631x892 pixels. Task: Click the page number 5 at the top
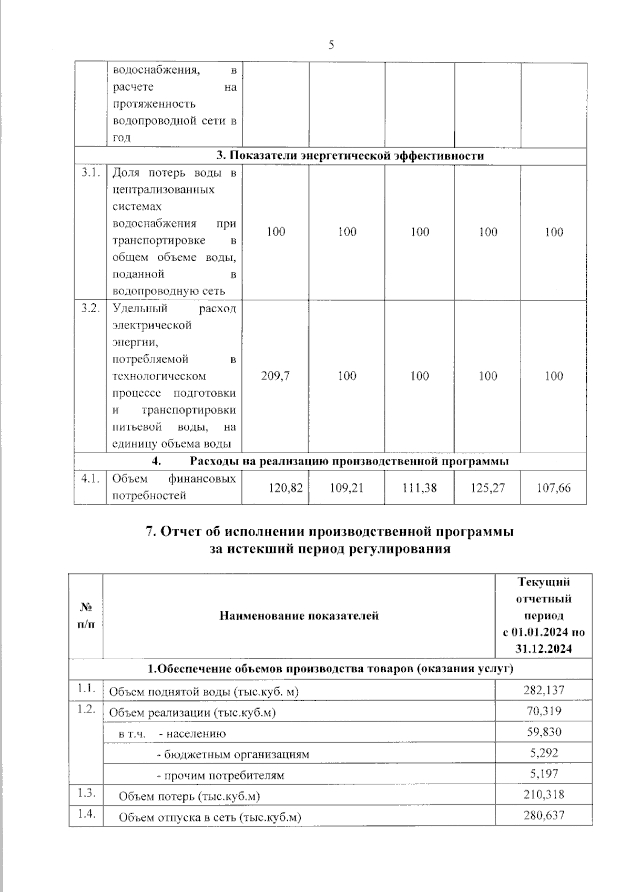[x=331, y=45]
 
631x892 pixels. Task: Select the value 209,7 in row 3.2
[x=276, y=376]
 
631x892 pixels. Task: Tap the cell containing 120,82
[x=286, y=488]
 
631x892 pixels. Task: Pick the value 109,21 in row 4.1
[x=347, y=488]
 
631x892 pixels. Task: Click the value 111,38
[x=420, y=488]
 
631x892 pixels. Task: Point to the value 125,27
[x=487, y=488]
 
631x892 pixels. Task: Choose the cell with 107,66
[x=554, y=488]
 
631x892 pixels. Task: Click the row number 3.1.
[x=90, y=173]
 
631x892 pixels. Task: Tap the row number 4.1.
[x=90, y=479]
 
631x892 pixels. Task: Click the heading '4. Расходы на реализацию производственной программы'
[x=330, y=462]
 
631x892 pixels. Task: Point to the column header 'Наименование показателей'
[x=299, y=616]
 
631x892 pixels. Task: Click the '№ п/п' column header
[x=86, y=616]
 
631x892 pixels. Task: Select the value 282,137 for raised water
[x=544, y=690]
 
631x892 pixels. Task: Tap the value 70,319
[x=544, y=711]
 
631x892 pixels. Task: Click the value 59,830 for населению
[x=544, y=732]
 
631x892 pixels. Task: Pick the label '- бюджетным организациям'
[x=233, y=754]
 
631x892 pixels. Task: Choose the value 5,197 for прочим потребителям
[x=544, y=773]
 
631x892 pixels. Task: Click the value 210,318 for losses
[x=544, y=794]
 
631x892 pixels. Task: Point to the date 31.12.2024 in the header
[x=544, y=649]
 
